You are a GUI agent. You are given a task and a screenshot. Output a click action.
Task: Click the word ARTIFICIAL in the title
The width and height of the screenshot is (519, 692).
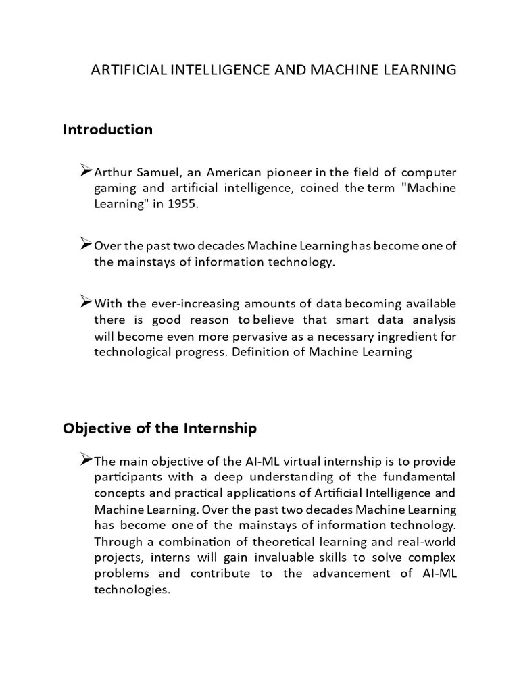[x=124, y=70]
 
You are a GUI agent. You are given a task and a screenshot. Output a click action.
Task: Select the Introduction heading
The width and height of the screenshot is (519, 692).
[x=107, y=129]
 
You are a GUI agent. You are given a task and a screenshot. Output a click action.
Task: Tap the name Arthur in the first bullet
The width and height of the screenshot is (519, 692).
[x=114, y=172]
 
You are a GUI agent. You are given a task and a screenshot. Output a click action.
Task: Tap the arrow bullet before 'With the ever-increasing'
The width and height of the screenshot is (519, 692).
[x=86, y=302]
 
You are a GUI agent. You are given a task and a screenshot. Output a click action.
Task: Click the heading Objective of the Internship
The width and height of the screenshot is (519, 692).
[x=159, y=428]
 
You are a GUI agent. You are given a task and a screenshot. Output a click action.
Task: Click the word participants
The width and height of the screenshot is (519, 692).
[x=127, y=478]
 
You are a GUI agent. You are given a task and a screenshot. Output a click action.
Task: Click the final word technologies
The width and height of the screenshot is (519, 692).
[x=130, y=589]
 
